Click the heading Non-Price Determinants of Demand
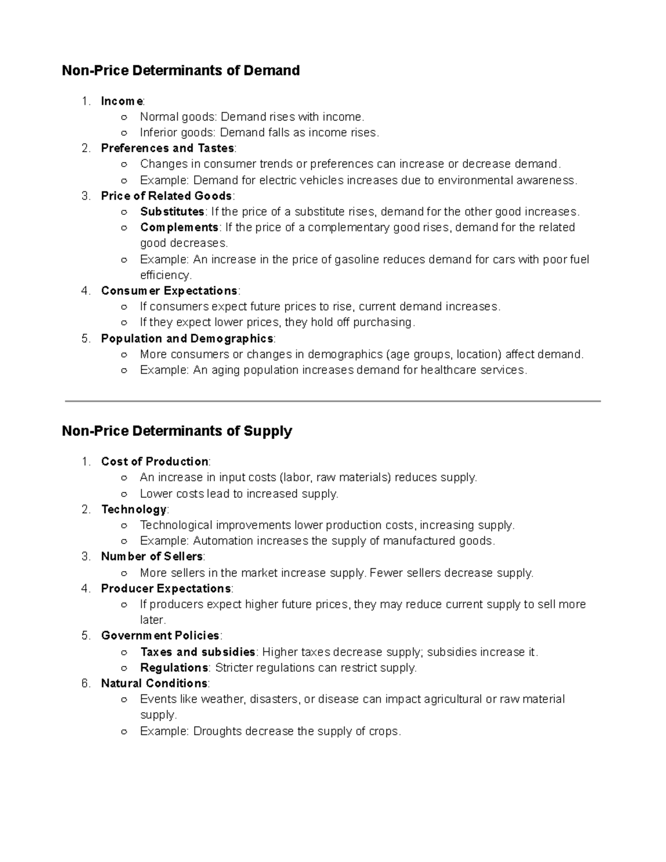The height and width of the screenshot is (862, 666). (x=180, y=70)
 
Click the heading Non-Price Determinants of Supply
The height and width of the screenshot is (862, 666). (x=176, y=431)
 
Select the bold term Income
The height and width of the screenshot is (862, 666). (x=122, y=101)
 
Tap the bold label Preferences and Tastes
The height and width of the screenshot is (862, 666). (x=167, y=148)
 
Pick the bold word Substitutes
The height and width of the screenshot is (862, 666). (x=172, y=211)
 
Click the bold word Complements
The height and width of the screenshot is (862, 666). (x=179, y=228)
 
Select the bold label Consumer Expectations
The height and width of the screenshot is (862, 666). (x=169, y=291)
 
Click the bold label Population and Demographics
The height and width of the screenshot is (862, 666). (x=187, y=339)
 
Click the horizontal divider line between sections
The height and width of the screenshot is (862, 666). (x=333, y=401)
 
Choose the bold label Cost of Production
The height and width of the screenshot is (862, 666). (x=154, y=462)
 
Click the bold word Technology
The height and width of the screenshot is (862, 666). (x=134, y=510)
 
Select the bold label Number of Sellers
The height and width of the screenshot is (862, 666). (x=152, y=556)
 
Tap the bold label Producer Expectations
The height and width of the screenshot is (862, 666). (x=165, y=588)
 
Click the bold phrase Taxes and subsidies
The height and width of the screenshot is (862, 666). (x=197, y=652)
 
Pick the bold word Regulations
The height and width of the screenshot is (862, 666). (x=174, y=668)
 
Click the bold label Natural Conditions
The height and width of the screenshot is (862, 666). (x=154, y=683)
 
